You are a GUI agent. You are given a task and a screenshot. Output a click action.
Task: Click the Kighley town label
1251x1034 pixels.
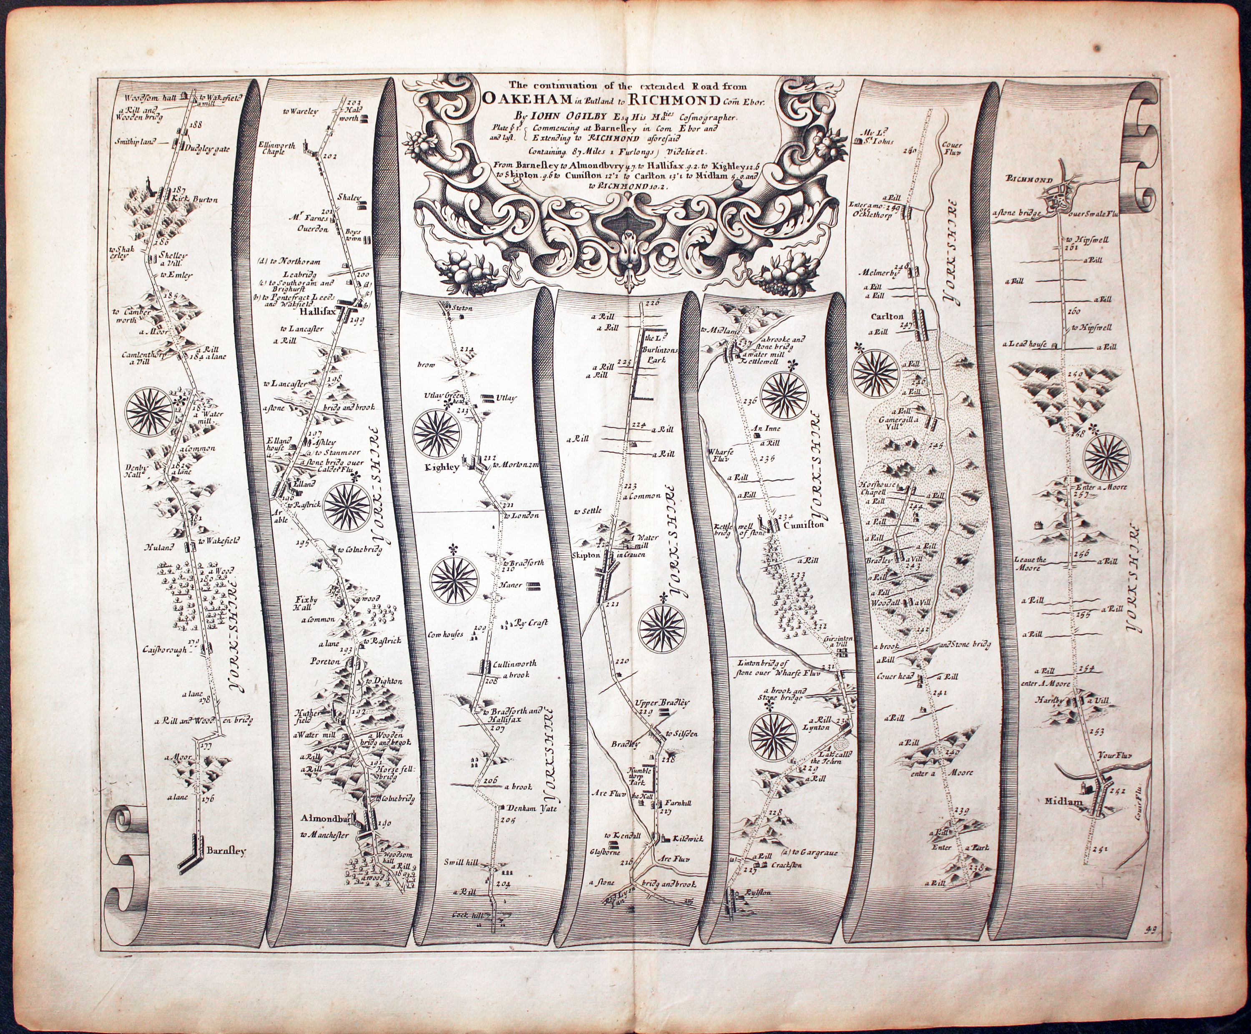(441, 468)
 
